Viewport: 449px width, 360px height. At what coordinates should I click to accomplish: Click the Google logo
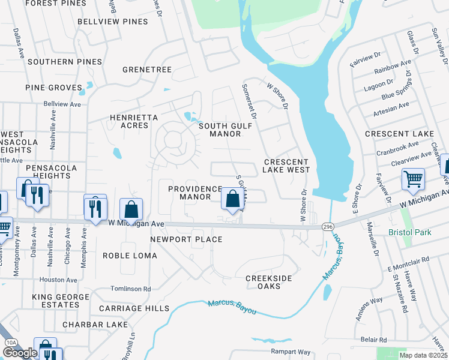pyautogui.click(x=20, y=353)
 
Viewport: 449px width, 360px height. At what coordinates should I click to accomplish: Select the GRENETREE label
pyautogui.click(x=147, y=70)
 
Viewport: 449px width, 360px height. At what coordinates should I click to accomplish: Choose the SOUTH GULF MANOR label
pyautogui.click(x=225, y=130)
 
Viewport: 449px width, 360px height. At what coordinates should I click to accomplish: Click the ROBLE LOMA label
pyautogui.click(x=130, y=256)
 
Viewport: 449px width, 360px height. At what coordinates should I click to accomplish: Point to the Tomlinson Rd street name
pyautogui.click(x=131, y=289)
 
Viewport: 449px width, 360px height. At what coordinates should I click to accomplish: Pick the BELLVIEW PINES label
pyautogui.click(x=113, y=22)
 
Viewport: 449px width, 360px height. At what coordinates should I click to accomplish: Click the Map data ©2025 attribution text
pyautogui.click(x=424, y=355)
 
